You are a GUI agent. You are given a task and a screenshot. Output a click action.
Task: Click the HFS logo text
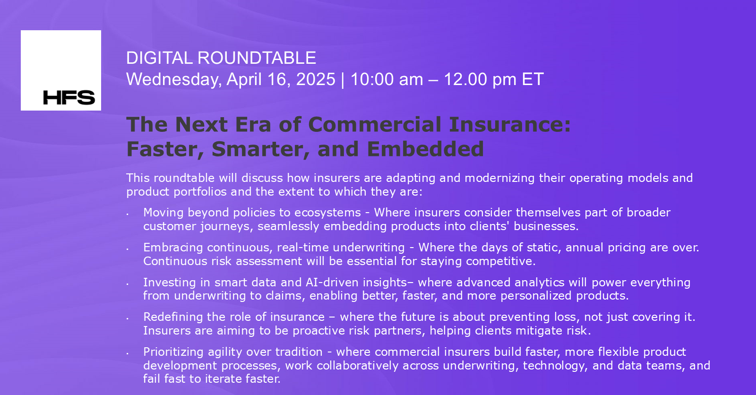[x=69, y=97]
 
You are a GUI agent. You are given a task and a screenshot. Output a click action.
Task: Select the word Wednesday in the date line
[x=173, y=79]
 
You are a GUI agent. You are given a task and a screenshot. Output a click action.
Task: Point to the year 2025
[x=316, y=79]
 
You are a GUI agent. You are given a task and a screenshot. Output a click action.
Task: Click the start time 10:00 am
[x=387, y=79]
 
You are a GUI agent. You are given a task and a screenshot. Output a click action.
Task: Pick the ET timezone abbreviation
[x=533, y=79]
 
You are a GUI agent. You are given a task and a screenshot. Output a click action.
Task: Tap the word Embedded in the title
[x=425, y=149]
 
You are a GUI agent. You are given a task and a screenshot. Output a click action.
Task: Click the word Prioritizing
[x=173, y=352]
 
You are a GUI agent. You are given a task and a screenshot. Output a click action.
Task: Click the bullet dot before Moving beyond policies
[x=128, y=214]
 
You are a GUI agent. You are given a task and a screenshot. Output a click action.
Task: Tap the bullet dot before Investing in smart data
[x=128, y=284]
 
